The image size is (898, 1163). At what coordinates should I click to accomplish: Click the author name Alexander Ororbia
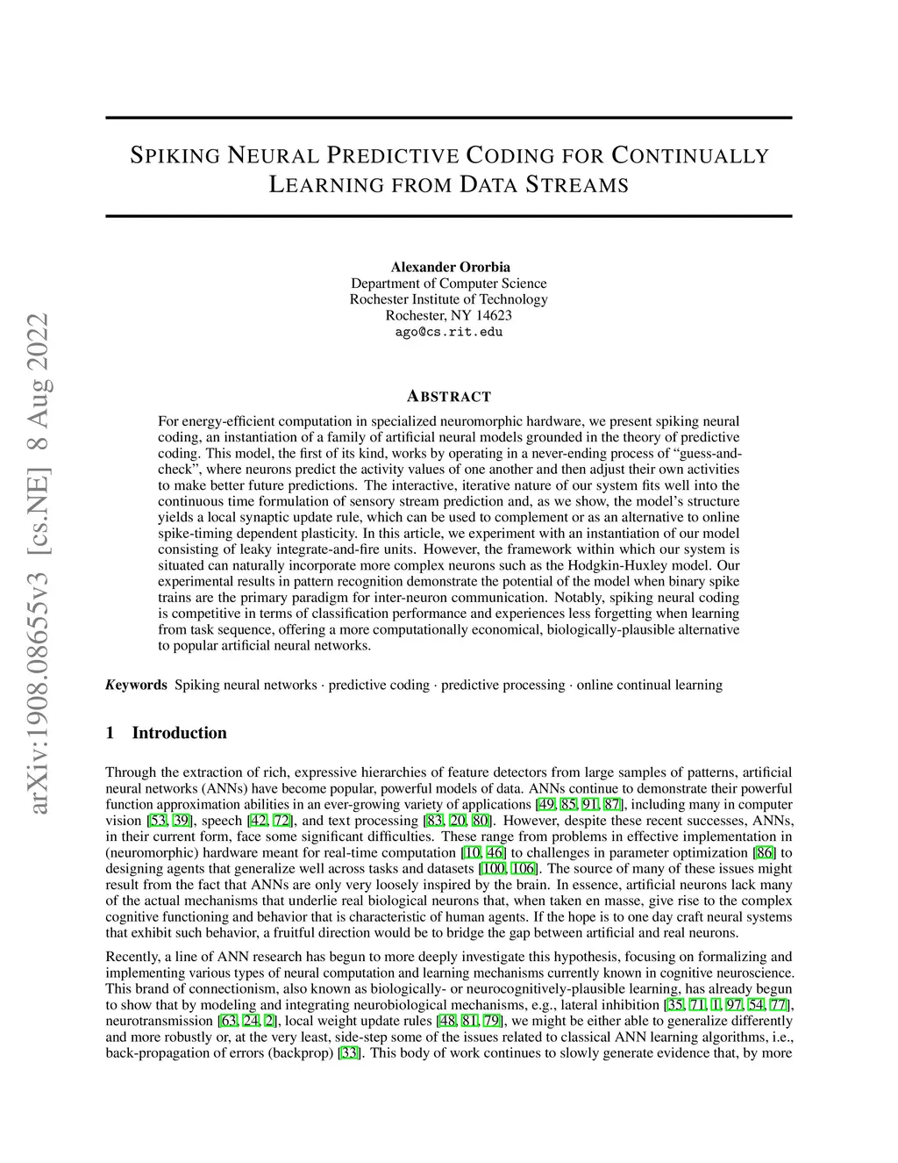pos(449,267)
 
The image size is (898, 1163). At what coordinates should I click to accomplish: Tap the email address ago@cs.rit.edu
pos(449,332)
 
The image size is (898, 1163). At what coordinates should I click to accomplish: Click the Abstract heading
pos(449,396)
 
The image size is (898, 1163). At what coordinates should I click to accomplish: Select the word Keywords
pos(136,685)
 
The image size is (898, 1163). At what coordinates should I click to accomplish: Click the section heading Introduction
pos(179,733)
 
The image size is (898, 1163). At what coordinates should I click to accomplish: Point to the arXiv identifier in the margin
pos(40,562)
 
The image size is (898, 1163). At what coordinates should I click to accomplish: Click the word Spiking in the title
pos(175,156)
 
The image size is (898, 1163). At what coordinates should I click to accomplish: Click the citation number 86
pos(764,852)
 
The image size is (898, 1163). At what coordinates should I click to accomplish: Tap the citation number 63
pos(228,1021)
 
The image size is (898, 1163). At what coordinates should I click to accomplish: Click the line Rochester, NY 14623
pos(449,315)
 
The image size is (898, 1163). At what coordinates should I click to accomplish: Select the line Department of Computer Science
pos(449,284)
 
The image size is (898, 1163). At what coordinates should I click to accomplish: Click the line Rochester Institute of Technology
pos(449,299)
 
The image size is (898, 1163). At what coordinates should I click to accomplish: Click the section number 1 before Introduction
pos(110,733)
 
